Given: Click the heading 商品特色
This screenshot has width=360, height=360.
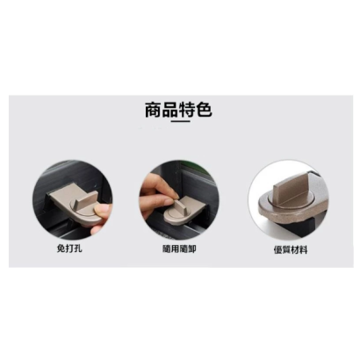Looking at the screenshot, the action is pyautogui.click(x=178, y=110).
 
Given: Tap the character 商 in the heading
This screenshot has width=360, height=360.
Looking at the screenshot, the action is pyautogui.click(x=153, y=110).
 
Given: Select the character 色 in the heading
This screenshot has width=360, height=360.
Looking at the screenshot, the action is pyautogui.click(x=204, y=110).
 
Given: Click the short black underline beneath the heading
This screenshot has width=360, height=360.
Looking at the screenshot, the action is pyautogui.click(x=180, y=121).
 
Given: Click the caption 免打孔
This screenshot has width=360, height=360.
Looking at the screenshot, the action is pyautogui.click(x=69, y=248).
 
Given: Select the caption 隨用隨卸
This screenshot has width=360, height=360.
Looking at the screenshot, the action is pyautogui.click(x=179, y=249).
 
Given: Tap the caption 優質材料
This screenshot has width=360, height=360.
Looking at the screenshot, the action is pyautogui.click(x=291, y=250).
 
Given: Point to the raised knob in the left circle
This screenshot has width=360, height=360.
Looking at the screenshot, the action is pyautogui.click(x=86, y=201).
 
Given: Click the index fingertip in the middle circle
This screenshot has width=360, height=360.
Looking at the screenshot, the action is pyautogui.click(x=173, y=195).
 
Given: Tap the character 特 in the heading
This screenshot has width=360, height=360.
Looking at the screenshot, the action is pyautogui.click(x=187, y=110).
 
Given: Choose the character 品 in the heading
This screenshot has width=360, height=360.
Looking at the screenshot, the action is pyautogui.click(x=170, y=110).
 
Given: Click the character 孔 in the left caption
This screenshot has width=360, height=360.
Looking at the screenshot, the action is pyautogui.click(x=78, y=248).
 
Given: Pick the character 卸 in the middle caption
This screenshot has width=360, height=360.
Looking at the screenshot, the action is pyautogui.click(x=192, y=249).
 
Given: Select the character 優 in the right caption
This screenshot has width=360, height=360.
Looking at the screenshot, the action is pyautogui.click(x=278, y=250).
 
